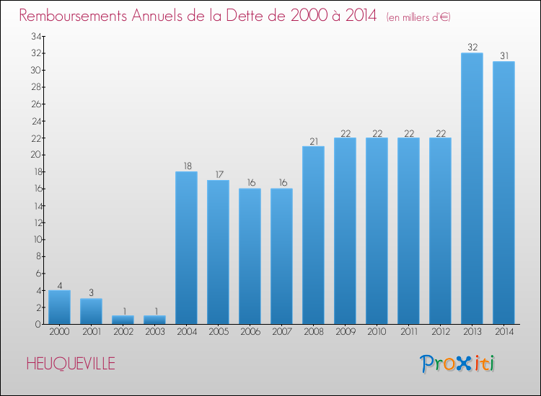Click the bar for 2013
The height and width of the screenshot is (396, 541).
[472, 189]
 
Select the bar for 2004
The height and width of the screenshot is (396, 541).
[186, 248]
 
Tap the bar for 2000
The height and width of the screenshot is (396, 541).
[59, 307]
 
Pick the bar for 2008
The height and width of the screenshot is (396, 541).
[313, 235]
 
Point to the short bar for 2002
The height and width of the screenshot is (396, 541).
[123, 320]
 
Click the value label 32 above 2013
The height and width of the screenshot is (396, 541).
[472, 48]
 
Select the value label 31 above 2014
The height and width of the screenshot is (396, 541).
[503, 56]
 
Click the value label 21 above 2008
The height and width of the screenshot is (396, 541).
[313, 141]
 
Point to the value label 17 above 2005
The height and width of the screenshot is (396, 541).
[218, 175]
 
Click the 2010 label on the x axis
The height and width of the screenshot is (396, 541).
[377, 332]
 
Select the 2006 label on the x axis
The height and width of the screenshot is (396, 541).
[250, 332]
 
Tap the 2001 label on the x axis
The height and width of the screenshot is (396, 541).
[91, 332]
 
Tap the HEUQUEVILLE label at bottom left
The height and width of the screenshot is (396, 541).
[70, 364]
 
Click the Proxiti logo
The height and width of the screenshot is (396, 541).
[458, 364]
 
